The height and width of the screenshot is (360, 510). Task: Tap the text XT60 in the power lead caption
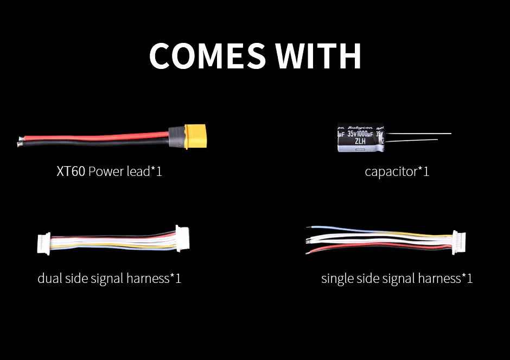pos(71,172)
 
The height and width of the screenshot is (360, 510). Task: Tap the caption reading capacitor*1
pos(397,172)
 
